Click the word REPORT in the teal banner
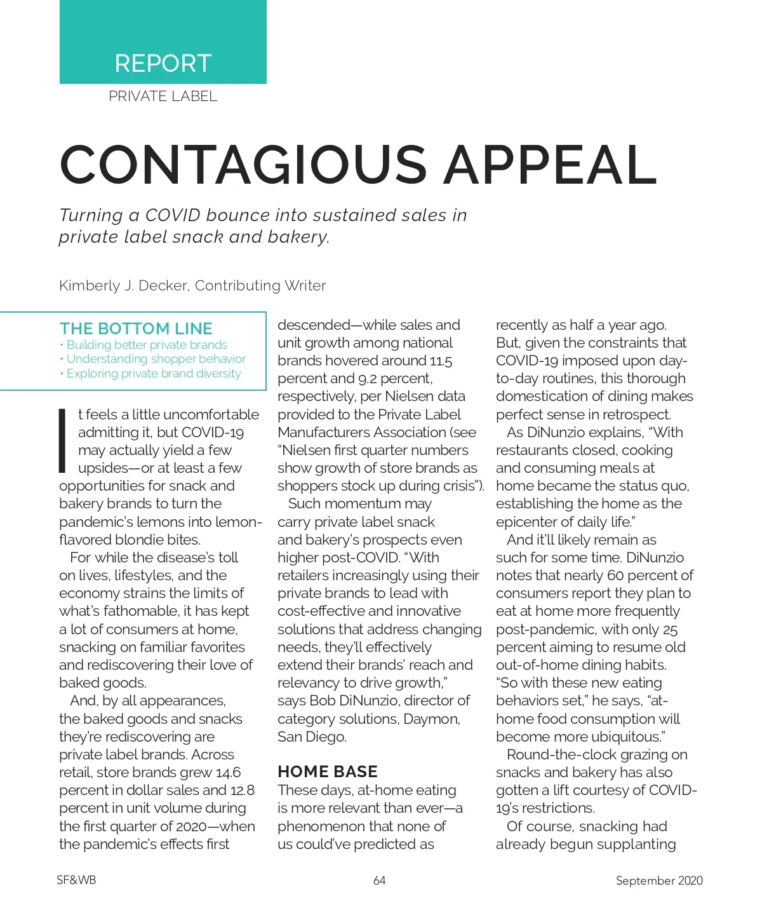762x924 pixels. (163, 64)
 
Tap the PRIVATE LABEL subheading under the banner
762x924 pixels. (163, 97)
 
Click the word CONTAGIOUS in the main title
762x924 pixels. (243, 165)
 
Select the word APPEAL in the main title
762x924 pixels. (550, 165)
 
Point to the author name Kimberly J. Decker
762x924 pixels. (123, 286)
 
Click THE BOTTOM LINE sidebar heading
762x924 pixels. (136, 329)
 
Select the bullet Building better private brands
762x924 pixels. (147, 345)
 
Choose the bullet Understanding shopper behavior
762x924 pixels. (156, 359)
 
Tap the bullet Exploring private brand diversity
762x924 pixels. (154, 374)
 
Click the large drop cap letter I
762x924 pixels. (63, 441)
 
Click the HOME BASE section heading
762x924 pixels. (327, 771)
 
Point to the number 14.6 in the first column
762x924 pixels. (228, 773)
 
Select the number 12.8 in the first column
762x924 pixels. (242, 791)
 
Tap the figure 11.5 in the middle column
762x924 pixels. (441, 361)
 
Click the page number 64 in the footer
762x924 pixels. (380, 881)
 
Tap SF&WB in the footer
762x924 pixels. (76, 881)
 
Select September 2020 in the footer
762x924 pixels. (659, 881)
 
